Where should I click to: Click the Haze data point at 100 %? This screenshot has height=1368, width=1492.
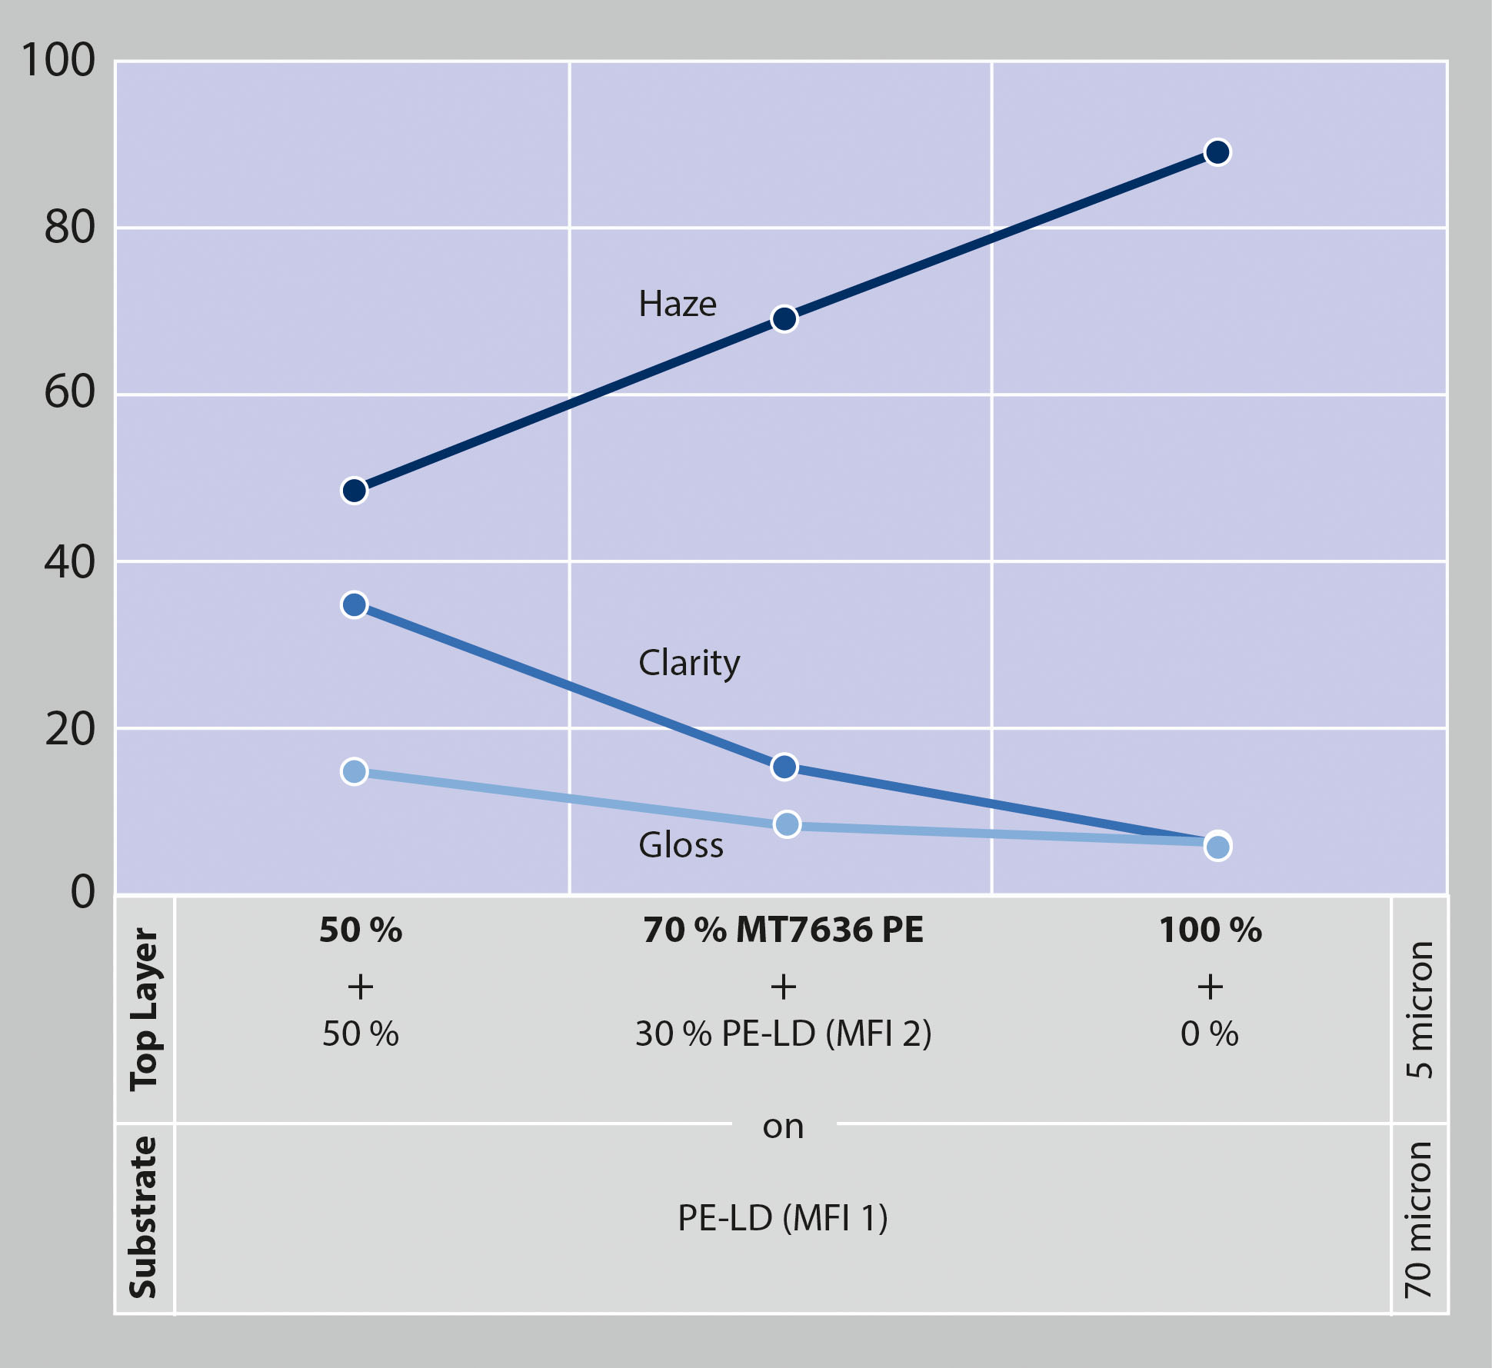[1217, 152]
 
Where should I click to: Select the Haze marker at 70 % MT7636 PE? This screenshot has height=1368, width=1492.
[784, 319]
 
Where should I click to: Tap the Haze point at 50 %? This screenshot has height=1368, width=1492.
[354, 491]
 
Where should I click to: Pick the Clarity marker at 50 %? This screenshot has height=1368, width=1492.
[354, 605]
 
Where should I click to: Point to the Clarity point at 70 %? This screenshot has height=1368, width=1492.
[784, 767]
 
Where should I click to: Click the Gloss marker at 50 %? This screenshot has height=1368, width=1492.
[354, 771]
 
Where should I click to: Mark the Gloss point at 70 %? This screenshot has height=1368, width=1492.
[787, 824]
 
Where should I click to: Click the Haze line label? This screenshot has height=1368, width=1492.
[677, 305]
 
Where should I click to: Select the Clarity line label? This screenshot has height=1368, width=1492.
[688, 663]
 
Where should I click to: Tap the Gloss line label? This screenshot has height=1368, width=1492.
[681, 846]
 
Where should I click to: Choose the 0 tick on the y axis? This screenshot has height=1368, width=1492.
[83, 892]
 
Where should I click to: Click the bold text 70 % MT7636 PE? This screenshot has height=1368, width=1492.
[783, 930]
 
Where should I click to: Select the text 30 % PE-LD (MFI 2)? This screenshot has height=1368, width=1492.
[783, 1034]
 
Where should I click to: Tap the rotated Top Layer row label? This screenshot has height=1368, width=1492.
[145, 1009]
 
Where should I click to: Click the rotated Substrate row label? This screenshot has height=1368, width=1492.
[145, 1217]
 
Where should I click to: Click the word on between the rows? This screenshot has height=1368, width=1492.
[783, 1127]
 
